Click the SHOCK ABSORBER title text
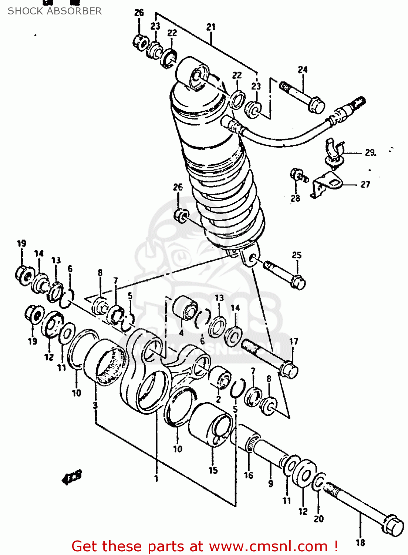pyautogui.click(x=55, y=11)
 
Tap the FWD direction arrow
pyautogui.click(x=72, y=478)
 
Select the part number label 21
pyautogui.click(x=211, y=27)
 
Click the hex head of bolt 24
pyautogui.click(x=316, y=105)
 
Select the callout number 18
pyautogui.click(x=360, y=542)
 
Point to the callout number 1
pyautogui.click(x=156, y=478)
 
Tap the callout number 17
pyautogui.click(x=294, y=341)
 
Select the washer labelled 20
pyautogui.click(x=319, y=482)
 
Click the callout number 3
pyautogui.click(x=95, y=405)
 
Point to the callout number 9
pyautogui.click(x=271, y=483)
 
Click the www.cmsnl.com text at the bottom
pyautogui.click(x=268, y=546)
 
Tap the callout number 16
pyautogui.click(x=249, y=475)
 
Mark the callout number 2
pyautogui.click(x=219, y=399)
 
